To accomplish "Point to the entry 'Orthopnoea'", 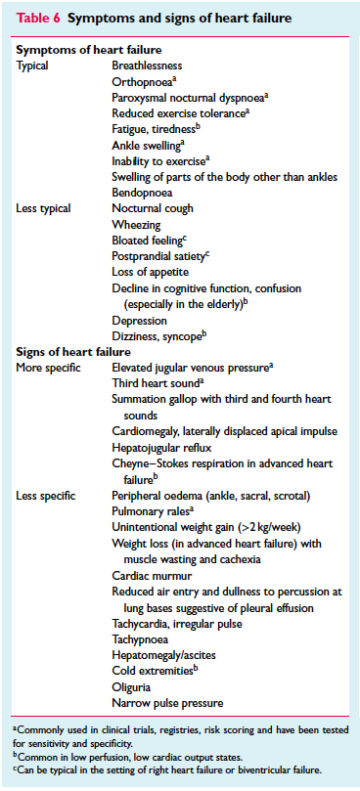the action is coord(143,81).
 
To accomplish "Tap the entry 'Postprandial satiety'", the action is coord(158,256).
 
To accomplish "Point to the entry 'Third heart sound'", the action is coord(157,383).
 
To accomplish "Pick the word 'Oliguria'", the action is coord(136,686).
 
